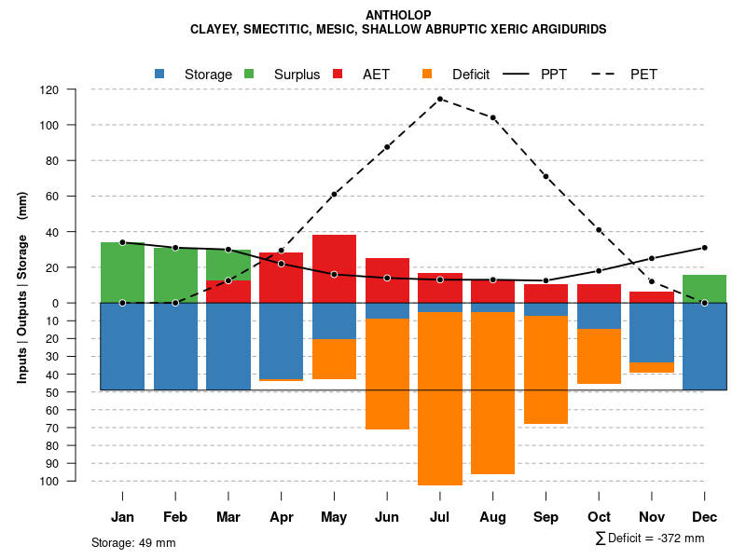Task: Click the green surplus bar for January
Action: point(122,272)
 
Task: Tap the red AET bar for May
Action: point(334,268)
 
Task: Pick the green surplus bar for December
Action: point(704,289)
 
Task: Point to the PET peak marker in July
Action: point(440,99)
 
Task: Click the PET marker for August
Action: point(493,117)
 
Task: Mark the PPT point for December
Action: point(704,248)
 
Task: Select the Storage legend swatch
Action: point(159,74)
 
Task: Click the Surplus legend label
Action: point(297,75)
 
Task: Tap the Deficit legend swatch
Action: point(427,74)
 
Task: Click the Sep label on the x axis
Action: point(546,517)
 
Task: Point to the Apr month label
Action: point(282,517)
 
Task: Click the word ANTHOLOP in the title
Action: point(398,15)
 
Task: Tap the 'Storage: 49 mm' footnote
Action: point(133,542)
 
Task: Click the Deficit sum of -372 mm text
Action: point(649,539)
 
